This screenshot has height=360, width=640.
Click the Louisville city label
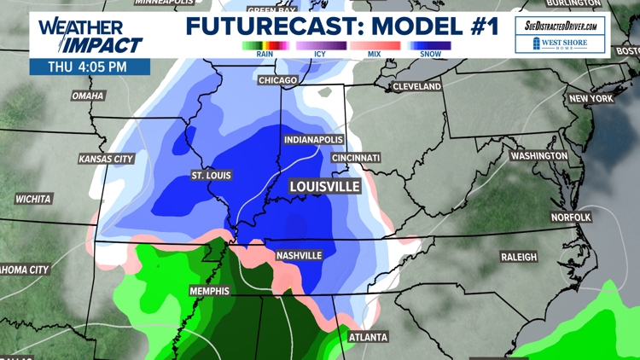coord(324,186)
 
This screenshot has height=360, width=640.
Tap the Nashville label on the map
coord(299,255)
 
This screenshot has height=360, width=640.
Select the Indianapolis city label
coord(312,140)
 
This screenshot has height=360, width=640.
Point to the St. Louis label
coord(210,176)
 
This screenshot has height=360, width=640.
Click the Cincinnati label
coord(357,158)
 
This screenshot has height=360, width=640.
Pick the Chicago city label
coord(277,80)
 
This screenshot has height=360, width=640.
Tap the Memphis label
coord(209,291)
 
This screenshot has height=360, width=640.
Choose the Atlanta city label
coord(368,337)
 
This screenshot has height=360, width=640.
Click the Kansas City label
coord(106,159)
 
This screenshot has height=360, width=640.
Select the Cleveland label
coord(416,86)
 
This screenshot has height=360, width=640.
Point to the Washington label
coord(538,156)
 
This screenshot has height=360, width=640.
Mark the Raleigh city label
coord(519,257)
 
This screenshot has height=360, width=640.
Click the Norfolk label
coord(571,218)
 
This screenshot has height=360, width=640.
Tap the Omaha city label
coord(87,96)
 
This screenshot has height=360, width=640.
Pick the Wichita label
coord(33,199)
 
